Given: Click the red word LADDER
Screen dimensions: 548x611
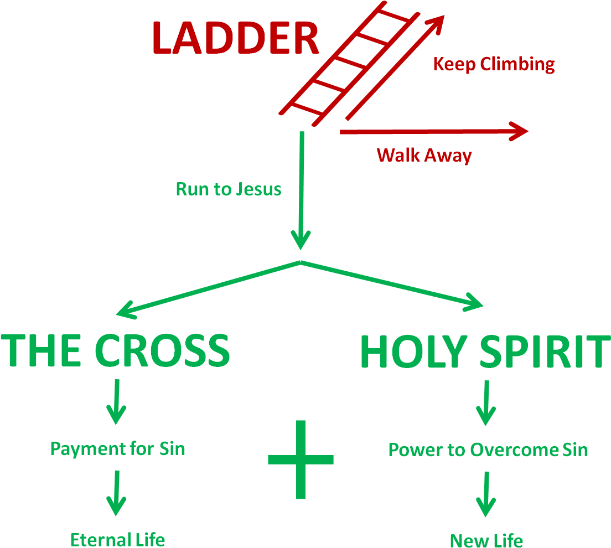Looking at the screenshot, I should pyautogui.click(x=235, y=38).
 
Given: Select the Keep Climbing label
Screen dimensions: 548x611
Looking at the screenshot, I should pyautogui.click(x=493, y=64).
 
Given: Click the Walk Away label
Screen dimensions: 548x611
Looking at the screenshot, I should pyautogui.click(x=424, y=155).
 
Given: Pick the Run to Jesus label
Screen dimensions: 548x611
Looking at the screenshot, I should pyautogui.click(x=228, y=189).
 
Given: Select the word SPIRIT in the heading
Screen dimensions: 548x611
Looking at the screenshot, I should pyautogui.click(x=541, y=352).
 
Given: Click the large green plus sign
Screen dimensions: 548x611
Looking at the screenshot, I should pyautogui.click(x=301, y=459).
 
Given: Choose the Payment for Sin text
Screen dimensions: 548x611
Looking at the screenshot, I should pyautogui.click(x=117, y=448).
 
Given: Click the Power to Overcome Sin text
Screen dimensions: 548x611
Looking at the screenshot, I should pyautogui.click(x=488, y=449).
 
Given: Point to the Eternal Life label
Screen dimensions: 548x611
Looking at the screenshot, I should pyautogui.click(x=117, y=539).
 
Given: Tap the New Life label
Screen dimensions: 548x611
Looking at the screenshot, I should pyautogui.click(x=486, y=540).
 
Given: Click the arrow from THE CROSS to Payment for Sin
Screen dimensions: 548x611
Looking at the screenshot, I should pyautogui.click(x=116, y=401).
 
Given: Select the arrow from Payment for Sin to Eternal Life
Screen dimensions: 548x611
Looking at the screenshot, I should pyautogui.click(x=116, y=493).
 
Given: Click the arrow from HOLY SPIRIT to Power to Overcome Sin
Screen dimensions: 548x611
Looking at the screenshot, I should pyautogui.click(x=486, y=402).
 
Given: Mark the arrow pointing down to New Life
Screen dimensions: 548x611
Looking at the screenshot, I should pyautogui.click(x=486, y=494).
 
